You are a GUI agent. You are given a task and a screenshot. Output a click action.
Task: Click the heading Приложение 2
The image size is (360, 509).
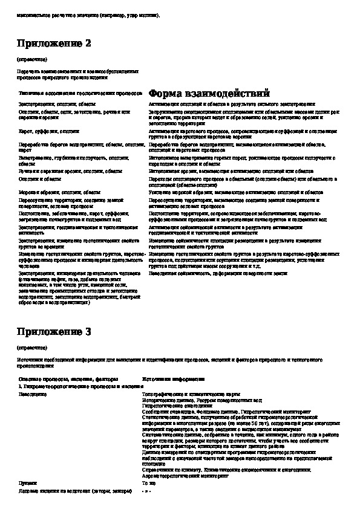pyautogui.click(x=54, y=44)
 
